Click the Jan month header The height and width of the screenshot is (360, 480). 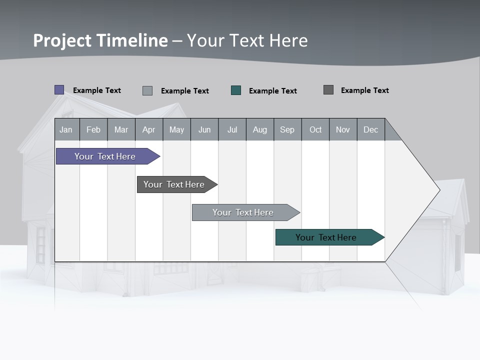click(66, 129)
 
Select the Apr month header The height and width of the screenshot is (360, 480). click(148, 129)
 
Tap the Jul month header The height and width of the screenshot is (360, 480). click(232, 129)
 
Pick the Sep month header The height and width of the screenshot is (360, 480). click(287, 129)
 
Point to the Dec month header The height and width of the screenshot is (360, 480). click(370, 129)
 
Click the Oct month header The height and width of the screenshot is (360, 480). click(315, 129)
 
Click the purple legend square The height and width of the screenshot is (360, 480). click(59, 90)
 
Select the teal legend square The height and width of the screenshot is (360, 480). click(236, 90)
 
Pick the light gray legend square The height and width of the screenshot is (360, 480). click(147, 90)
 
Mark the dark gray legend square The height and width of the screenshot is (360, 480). click(328, 90)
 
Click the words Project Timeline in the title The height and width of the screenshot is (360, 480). click(100, 40)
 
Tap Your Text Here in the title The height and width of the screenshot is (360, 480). click(247, 40)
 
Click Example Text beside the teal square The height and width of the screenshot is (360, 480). click(273, 91)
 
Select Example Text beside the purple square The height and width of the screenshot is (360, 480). click(97, 90)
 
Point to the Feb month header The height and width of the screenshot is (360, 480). click(93, 129)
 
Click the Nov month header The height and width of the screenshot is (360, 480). click(343, 129)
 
